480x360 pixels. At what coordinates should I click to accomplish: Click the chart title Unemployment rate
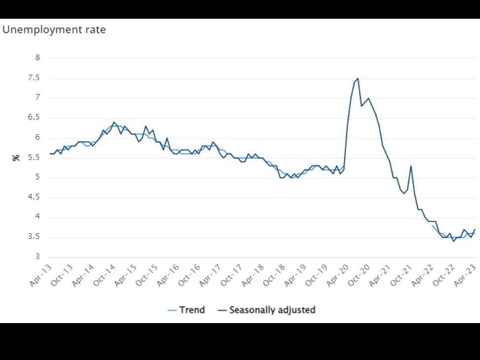coord(54,30)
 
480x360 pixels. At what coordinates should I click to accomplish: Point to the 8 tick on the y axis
coord(37,58)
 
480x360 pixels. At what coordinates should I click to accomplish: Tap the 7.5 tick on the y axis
coord(34,78)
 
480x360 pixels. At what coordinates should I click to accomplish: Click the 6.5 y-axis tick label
coord(34,118)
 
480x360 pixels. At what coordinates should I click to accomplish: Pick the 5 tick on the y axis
coord(37,177)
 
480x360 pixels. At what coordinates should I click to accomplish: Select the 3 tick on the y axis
coord(37,257)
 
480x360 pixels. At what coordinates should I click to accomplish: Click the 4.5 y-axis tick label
coord(34,197)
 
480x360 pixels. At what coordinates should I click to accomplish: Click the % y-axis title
coord(16,158)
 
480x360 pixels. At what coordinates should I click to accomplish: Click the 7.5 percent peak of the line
coord(358,78)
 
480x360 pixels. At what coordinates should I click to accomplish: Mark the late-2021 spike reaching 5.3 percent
coord(411,165)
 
